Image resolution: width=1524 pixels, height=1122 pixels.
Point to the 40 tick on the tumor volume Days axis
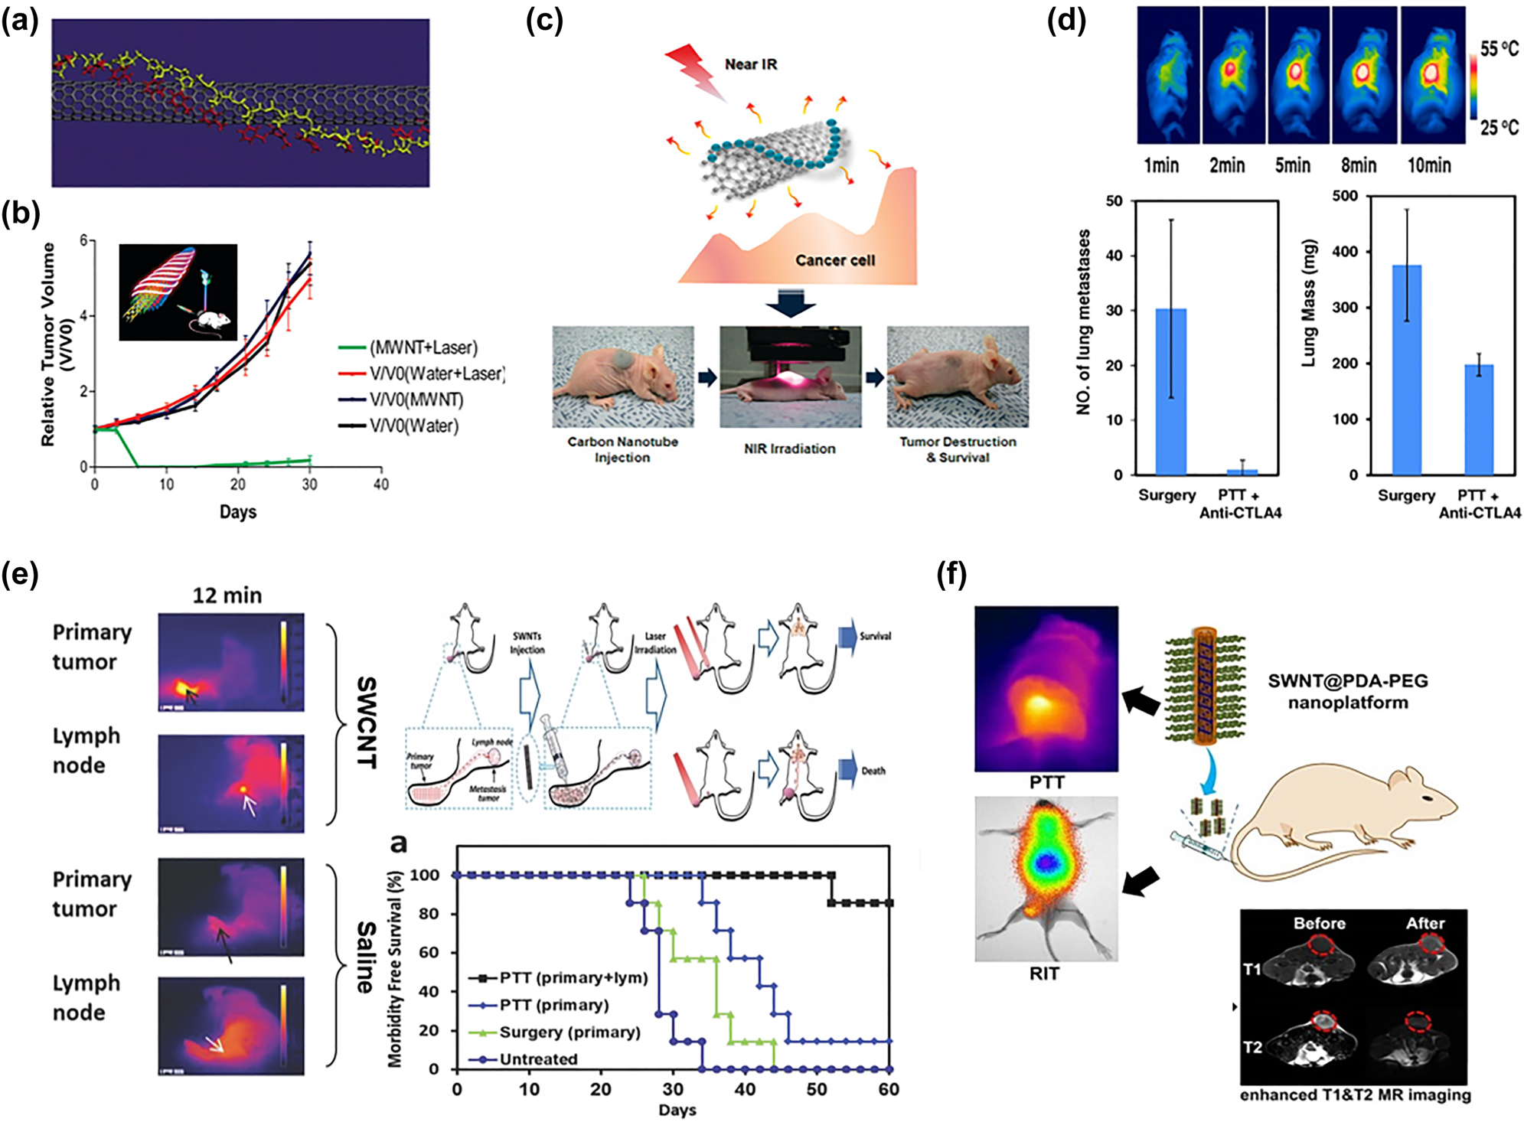tap(380, 484)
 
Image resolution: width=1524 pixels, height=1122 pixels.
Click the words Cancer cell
tap(834, 260)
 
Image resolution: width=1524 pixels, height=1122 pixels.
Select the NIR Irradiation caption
tap(789, 448)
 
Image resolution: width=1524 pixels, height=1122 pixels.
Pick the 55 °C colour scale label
tap(1498, 50)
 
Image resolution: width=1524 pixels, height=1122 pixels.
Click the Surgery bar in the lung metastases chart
tap(1170, 390)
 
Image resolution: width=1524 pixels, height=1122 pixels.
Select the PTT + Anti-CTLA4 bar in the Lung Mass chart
tap(1478, 419)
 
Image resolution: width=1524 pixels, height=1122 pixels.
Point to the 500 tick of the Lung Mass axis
tap(1345, 196)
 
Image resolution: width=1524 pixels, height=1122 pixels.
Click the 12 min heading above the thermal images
tap(227, 595)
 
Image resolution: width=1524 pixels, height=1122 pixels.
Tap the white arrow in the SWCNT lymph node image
tap(248, 804)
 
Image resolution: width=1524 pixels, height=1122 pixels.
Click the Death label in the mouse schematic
tap(873, 771)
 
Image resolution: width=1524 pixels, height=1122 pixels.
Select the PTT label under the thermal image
tap(1046, 782)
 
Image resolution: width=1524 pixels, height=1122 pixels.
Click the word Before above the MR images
tap(1319, 923)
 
